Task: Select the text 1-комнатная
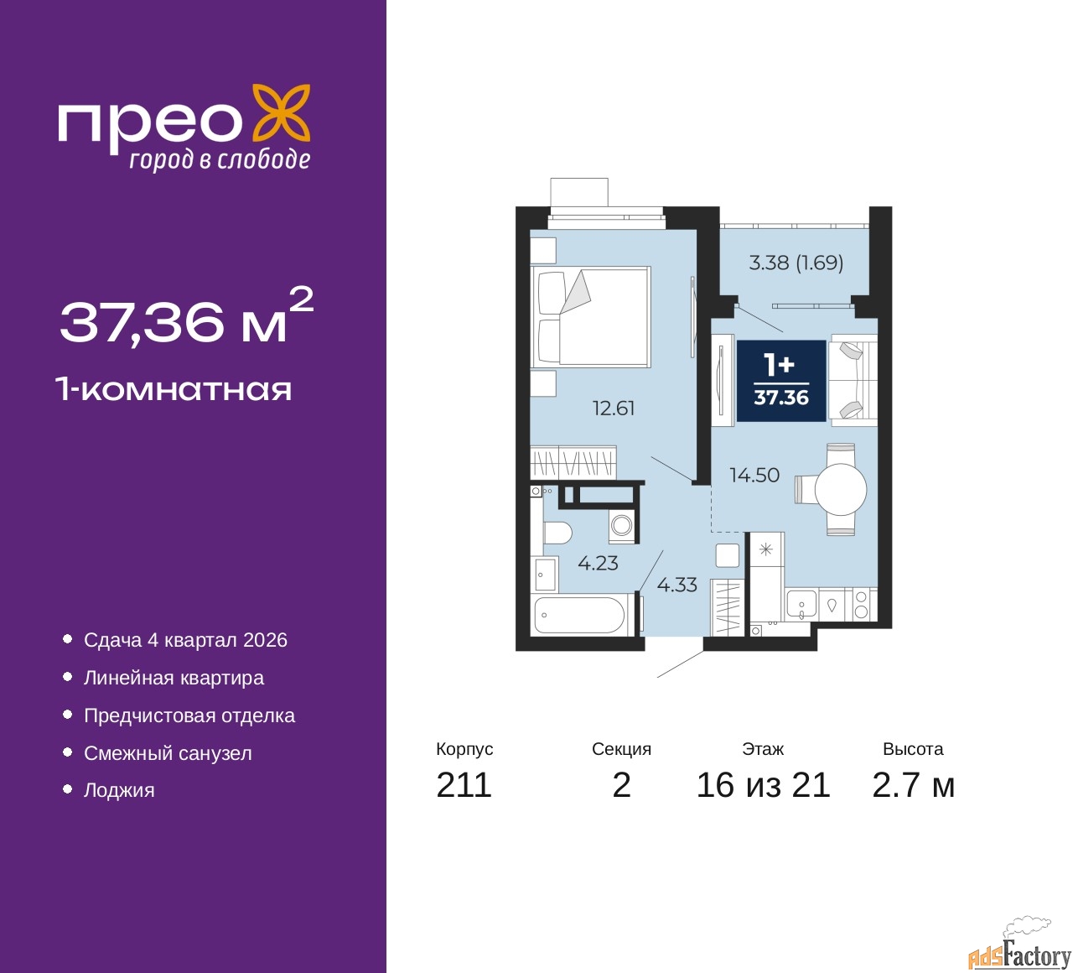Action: coord(174,389)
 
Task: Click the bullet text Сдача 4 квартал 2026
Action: coord(185,640)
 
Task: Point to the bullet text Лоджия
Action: coord(119,790)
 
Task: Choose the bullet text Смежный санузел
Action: coord(168,753)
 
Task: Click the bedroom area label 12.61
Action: coord(614,408)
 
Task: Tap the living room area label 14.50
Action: coord(754,476)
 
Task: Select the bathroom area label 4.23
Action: coord(598,564)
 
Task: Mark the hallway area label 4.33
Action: coord(676,585)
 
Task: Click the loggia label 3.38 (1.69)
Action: coord(796,263)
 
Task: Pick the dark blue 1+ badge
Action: coord(780,381)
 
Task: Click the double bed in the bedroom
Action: coord(591,316)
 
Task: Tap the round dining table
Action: coord(841,489)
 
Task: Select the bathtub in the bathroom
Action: coord(580,616)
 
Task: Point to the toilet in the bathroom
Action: coord(557,532)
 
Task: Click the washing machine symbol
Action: coord(622,525)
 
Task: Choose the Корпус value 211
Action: coord(464,785)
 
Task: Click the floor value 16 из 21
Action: coord(763,785)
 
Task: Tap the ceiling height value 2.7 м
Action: coord(913,785)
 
